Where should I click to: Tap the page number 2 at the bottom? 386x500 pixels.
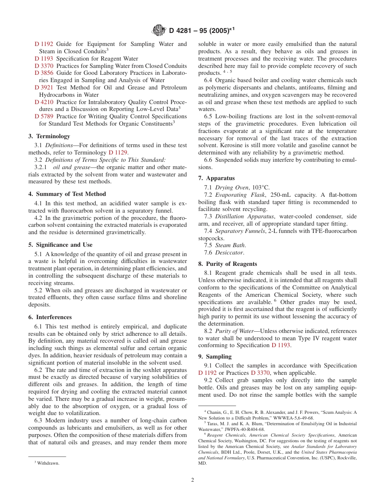point(193,480)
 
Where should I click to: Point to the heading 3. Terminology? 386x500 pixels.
point(49,136)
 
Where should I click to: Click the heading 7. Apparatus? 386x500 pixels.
point(216,178)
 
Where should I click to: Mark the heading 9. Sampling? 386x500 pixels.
point(215,357)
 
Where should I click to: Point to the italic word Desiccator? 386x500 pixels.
point(230,252)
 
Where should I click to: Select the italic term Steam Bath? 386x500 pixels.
point(230,245)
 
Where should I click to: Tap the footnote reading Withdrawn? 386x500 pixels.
point(48,463)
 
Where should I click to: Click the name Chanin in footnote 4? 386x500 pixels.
point(215,412)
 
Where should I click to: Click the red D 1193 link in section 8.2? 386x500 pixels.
point(281,345)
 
